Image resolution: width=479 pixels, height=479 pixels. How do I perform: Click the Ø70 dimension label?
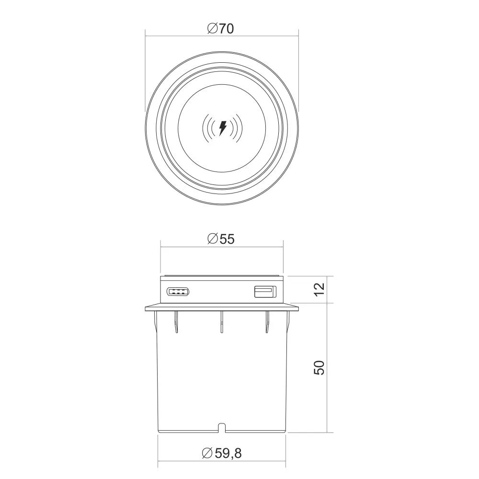(x=220, y=28)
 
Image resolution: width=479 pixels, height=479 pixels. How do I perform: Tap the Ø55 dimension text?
(x=220, y=239)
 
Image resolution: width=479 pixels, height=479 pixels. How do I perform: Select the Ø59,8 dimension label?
(x=222, y=453)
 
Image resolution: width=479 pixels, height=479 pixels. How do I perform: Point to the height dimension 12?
(x=319, y=289)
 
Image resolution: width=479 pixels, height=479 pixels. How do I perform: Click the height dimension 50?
(x=319, y=367)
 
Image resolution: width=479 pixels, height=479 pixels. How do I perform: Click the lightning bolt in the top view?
(x=223, y=128)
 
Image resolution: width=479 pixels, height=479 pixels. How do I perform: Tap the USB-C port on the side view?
(x=178, y=291)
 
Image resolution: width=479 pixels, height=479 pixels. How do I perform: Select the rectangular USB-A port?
(x=265, y=291)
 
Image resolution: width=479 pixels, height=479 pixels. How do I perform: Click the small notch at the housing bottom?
(x=222, y=427)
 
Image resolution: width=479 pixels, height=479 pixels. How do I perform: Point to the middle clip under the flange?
(x=222, y=322)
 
